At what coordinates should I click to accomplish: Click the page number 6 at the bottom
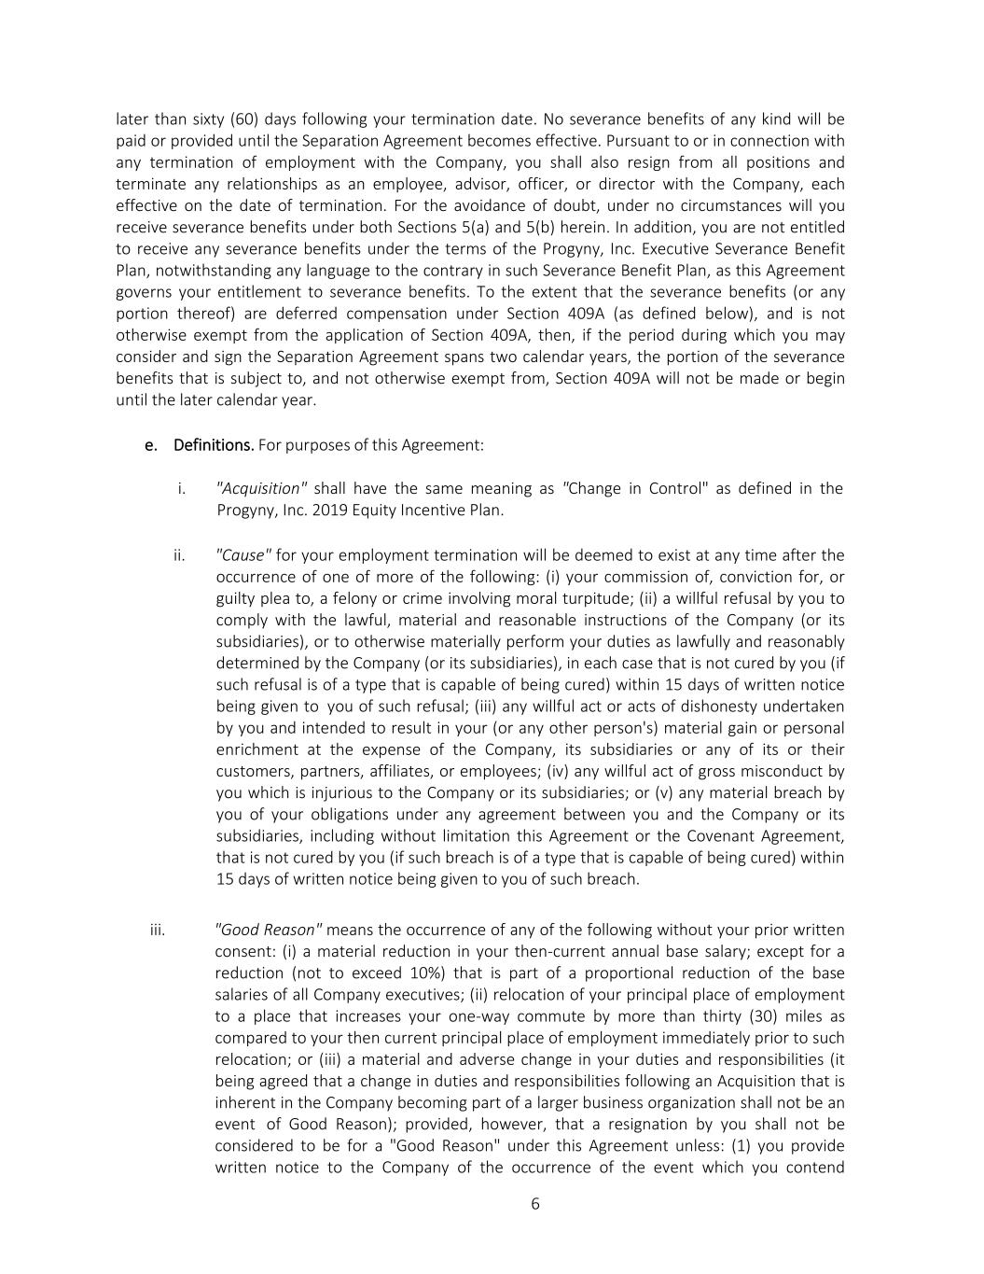[535, 1203]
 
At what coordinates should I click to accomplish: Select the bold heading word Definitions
[214, 444]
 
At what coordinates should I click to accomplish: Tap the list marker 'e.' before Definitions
[151, 444]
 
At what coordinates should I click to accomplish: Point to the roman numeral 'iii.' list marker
[158, 930]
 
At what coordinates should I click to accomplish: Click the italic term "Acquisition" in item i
[261, 488]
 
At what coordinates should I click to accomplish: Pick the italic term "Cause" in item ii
[243, 555]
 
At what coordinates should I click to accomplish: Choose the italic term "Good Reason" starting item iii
[269, 930]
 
